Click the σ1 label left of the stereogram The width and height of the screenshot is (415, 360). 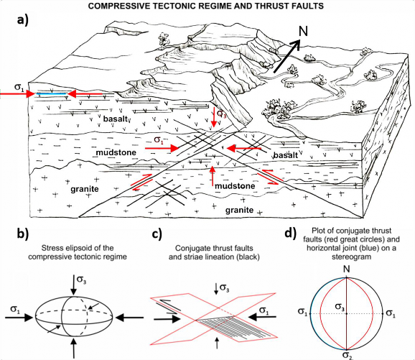pos(303,313)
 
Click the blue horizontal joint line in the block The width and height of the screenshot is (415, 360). pos(53,93)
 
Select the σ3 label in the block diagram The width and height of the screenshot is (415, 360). pos(223,113)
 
